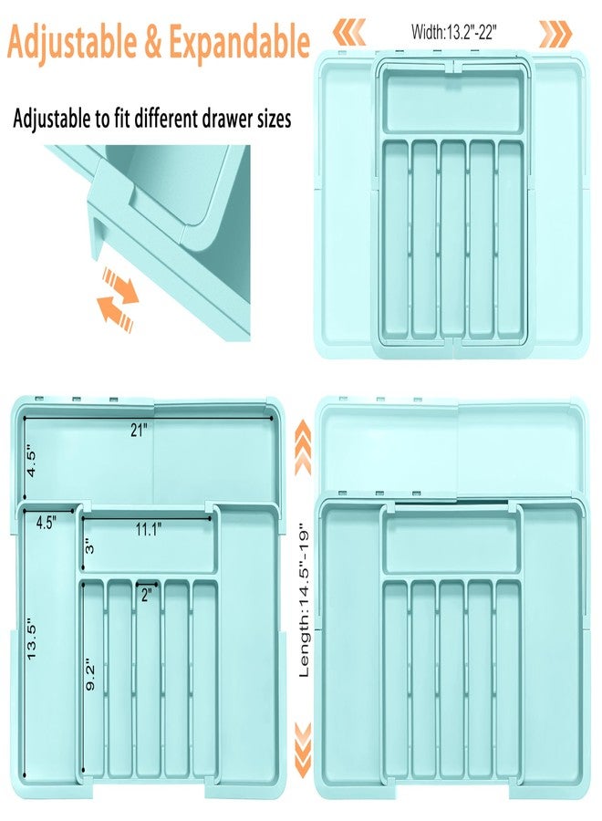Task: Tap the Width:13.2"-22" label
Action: [x=453, y=33]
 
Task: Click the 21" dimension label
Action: [x=138, y=432]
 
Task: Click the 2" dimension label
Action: [x=145, y=595]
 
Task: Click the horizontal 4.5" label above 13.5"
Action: [x=47, y=523]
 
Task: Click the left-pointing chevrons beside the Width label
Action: [x=348, y=34]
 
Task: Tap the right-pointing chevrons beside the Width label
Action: [x=555, y=34]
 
